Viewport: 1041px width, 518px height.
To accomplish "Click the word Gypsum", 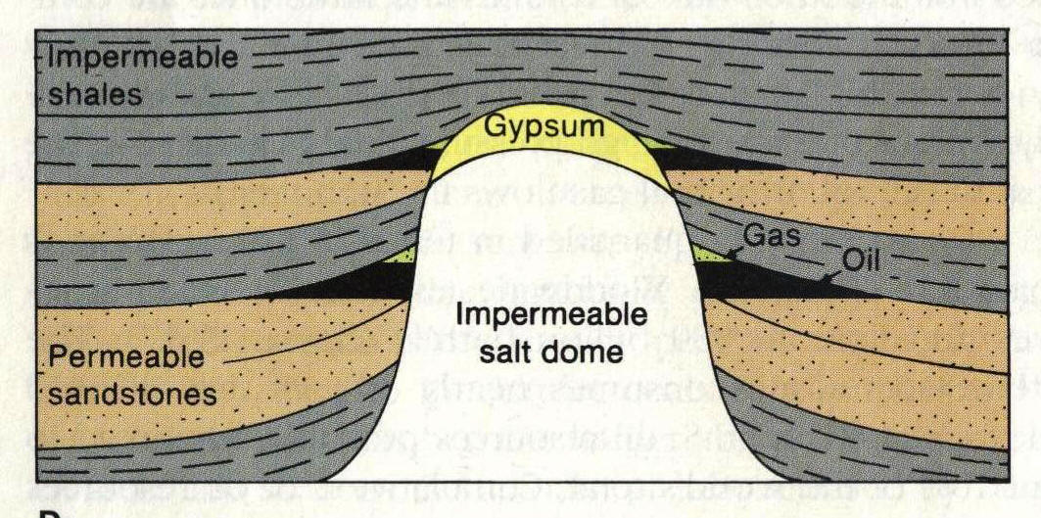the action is click(x=544, y=126).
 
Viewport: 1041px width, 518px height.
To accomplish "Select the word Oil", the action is click(x=861, y=261).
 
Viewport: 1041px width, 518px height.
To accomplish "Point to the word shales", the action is click(x=95, y=94).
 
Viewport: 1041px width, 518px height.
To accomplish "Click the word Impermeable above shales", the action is click(x=143, y=58).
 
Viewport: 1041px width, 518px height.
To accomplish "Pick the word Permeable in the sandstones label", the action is click(x=125, y=358).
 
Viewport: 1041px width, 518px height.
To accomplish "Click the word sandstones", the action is click(x=132, y=395).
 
